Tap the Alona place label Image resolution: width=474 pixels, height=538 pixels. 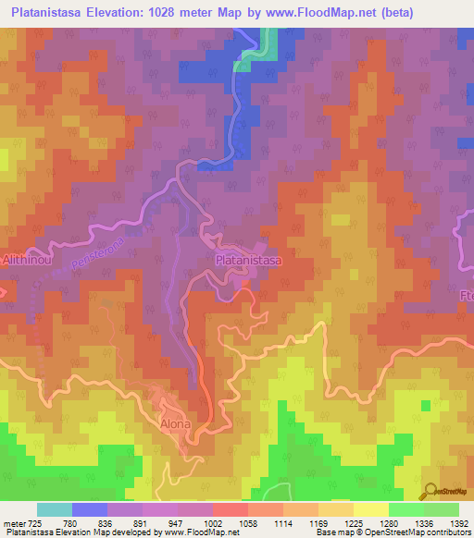coord(176,424)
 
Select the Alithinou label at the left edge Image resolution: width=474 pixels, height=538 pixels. coord(19,262)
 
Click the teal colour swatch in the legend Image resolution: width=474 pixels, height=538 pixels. coord(55,509)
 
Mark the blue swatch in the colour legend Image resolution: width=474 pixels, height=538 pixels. coord(90,509)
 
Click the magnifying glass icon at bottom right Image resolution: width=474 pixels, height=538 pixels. coord(430,490)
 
